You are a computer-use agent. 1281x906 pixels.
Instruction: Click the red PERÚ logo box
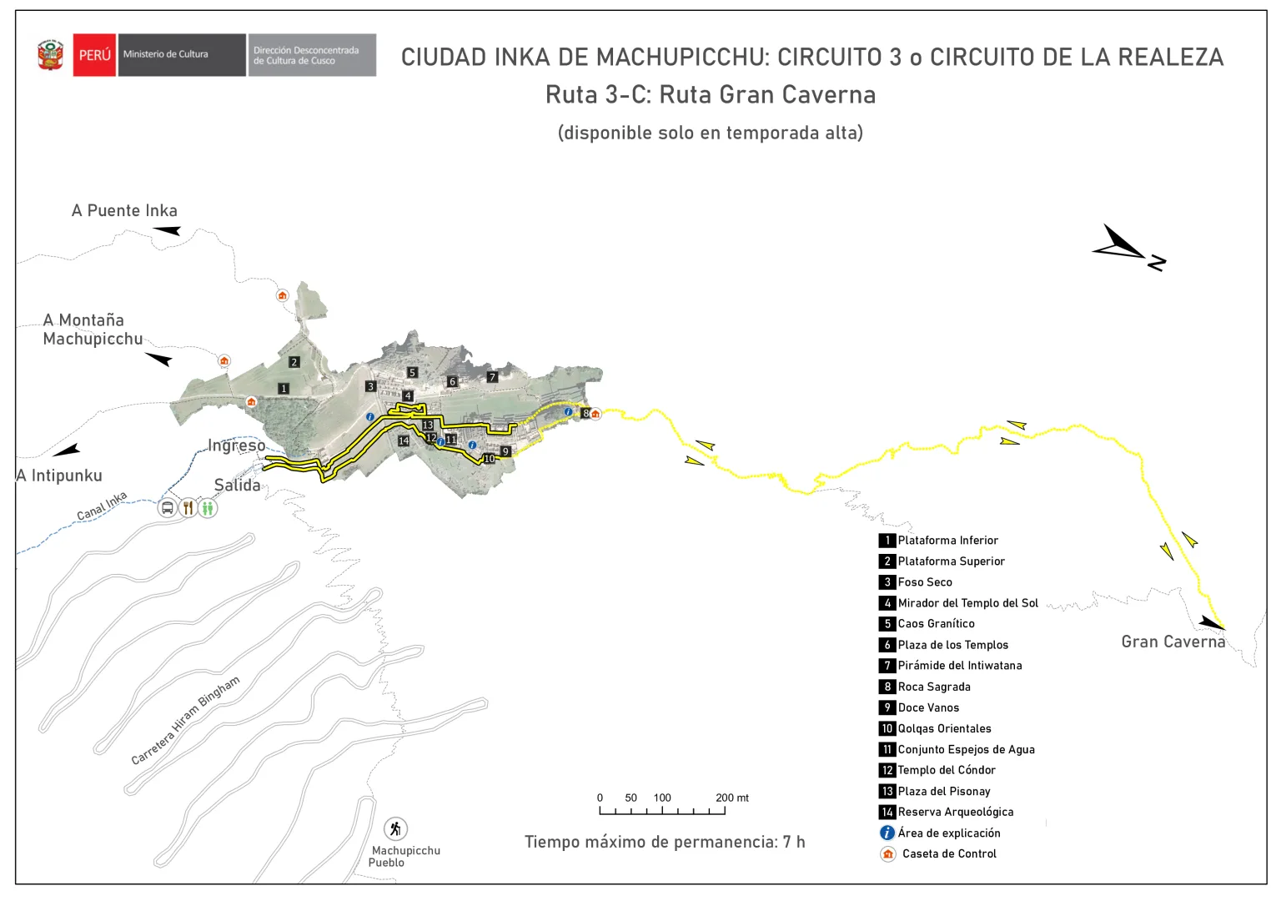tap(94, 55)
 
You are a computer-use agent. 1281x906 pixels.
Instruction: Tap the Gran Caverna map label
tap(1173, 642)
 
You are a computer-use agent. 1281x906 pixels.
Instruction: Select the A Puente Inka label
tap(124, 210)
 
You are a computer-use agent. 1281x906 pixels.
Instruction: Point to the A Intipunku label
tap(59, 476)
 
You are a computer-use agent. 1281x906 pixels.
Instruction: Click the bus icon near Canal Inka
tap(168, 507)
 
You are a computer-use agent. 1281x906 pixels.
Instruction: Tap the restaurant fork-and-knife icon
tap(188, 507)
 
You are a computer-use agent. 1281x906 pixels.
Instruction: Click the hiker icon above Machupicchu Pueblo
tap(395, 828)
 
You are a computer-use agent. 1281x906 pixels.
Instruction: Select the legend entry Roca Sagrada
tap(933, 687)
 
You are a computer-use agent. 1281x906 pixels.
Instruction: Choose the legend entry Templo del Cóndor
tap(946, 770)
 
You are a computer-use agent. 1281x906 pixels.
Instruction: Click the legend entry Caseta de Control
tap(948, 853)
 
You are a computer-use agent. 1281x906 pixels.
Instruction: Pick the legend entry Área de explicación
tap(948, 833)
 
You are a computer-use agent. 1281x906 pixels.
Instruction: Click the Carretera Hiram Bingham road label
tap(185, 719)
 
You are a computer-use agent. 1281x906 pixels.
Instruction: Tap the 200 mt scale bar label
tap(731, 798)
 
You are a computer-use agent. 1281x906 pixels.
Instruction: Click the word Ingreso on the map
tap(237, 445)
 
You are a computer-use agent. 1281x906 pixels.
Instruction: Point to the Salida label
tap(237, 485)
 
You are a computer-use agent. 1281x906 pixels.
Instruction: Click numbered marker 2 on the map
tap(294, 362)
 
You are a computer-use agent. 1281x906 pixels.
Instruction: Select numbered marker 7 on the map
tap(492, 377)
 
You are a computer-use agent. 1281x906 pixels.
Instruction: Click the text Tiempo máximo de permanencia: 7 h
tap(665, 842)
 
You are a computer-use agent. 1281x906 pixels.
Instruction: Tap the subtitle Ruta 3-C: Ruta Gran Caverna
tap(711, 95)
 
